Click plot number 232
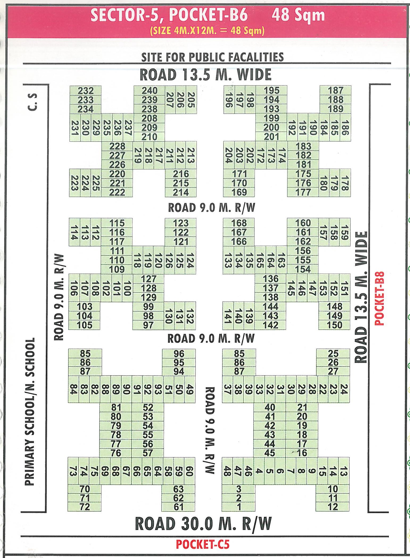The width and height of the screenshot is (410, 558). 86,91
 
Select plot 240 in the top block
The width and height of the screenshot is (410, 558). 150,91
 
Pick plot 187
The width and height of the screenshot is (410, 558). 336,90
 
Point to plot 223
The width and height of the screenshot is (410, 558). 74,183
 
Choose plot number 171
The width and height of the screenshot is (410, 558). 239,174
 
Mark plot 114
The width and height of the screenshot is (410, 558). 74,232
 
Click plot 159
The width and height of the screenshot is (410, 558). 345,232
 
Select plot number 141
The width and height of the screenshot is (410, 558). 227,316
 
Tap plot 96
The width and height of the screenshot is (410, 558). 179,353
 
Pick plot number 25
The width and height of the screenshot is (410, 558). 333,353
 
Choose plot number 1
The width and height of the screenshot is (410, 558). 239,507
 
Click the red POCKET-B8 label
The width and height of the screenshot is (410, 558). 379,298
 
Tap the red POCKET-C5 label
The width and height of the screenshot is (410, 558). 202,544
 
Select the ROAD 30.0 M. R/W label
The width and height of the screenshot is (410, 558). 203,523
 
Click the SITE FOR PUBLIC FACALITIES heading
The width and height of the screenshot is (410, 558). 212,57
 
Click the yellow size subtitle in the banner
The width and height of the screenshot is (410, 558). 208,31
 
